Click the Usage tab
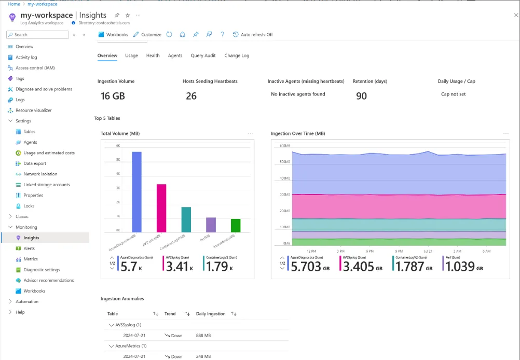tap(131, 56)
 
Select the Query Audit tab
tap(203, 56)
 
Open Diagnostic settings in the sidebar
tap(42, 270)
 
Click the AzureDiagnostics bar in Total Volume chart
tap(136, 192)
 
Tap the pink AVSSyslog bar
tap(161, 208)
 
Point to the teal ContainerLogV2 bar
tap(186, 219)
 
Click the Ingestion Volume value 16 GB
tap(113, 96)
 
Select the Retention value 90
tap(361, 96)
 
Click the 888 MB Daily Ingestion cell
tap(203, 336)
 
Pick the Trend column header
tap(170, 314)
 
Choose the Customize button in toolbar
tap(147, 35)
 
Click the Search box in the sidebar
tap(37, 35)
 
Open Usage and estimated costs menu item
tap(49, 153)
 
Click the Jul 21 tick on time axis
tap(428, 251)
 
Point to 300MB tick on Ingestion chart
tap(284, 195)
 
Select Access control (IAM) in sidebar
tap(35, 68)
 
